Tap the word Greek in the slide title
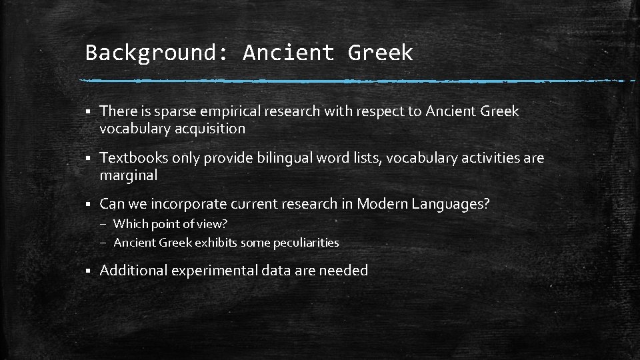point(380,53)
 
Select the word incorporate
point(189,204)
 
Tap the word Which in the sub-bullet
point(130,224)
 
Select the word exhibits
point(215,243)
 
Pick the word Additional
point(133,270)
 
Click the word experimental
point(214,271)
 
